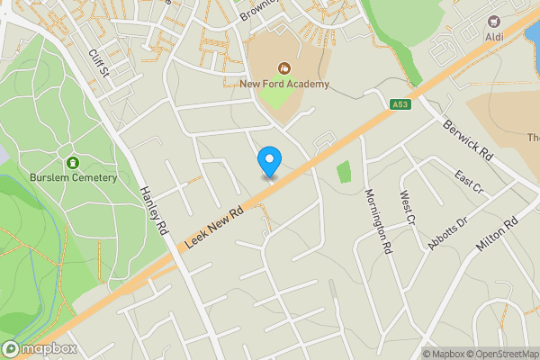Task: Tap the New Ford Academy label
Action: [x=284, y=85]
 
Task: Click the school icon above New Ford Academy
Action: [x=284, y=67]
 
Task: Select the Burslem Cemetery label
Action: [x=73, y=177]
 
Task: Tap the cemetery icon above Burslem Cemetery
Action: [x=73, y=162]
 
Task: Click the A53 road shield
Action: [x=400, y=105]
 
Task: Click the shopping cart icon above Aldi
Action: [x=494, y=19]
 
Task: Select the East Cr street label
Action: [x=469, y=182]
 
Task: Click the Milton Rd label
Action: [x=499, y=233]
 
